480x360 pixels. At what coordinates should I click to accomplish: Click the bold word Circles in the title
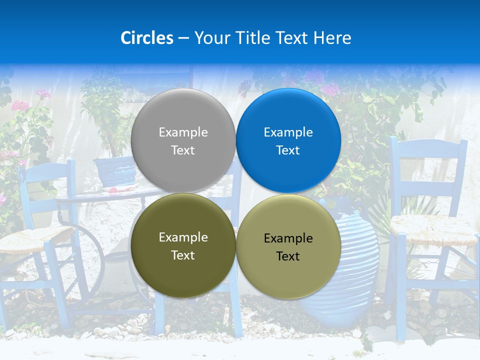146,38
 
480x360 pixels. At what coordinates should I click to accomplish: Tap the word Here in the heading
332,38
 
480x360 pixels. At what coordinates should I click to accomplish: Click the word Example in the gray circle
183,132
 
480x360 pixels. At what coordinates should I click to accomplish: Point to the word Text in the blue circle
288,150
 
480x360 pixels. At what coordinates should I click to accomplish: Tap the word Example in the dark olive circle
183,237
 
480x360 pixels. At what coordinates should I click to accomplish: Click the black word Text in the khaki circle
288,256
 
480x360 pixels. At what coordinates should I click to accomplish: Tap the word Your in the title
210,38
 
